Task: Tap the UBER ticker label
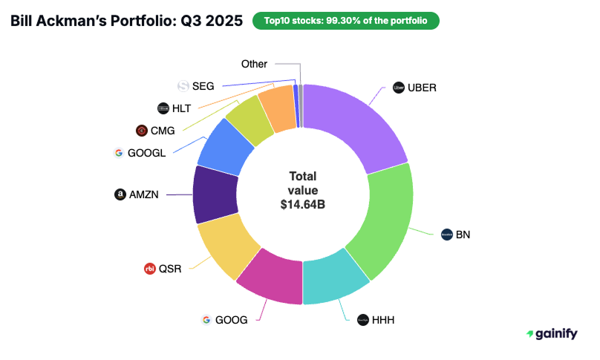pyautogui.click(x=422, y=88)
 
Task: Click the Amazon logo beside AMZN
pyautogui.click(x=119, y=194)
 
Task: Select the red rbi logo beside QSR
pyautogui.click(x=149, y=269)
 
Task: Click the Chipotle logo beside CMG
pyautogui.click(x=141, y=131)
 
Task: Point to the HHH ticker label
pyautogui.click(x=383, y=320)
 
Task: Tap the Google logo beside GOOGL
pyautogui.click(x=118, y=153)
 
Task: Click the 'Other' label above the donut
pyautogui.click(x=254, y=65)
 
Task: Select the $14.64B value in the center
pyautogui.click(x=302, y=205)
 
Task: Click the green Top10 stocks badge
pyautogui.click(x=345, y=21)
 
